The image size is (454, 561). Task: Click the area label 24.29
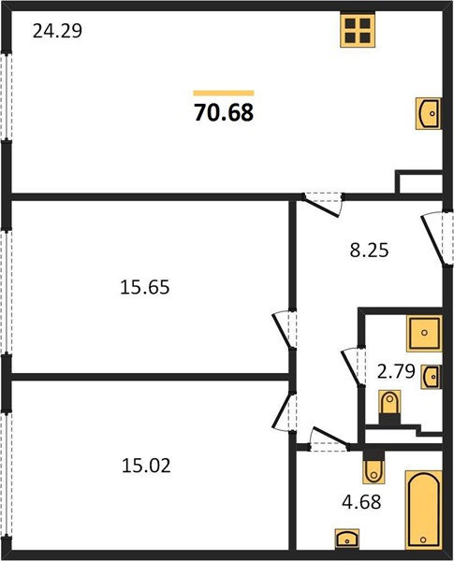click(57, 31)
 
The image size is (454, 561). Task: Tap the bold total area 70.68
click(224, 112)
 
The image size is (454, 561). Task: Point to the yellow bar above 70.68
click(224, 93)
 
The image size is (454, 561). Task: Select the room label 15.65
click(145, 287)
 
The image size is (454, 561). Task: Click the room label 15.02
click(146, 466)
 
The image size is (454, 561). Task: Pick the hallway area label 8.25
click(369, 251)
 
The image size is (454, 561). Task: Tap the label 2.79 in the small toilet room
click(396, 371)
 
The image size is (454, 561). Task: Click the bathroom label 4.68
click(361, 501)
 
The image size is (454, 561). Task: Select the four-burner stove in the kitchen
click(358, 30)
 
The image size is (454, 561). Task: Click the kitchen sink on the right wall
click(429, 113)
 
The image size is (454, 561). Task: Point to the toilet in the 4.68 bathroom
click(373, 467)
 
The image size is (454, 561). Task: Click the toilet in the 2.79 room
click(389, 407)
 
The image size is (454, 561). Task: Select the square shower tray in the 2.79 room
click(424, 333)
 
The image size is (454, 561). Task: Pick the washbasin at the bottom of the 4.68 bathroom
click(347, 539)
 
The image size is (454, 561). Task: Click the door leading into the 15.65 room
click(286, 329)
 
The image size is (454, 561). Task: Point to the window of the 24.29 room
click(7, 96)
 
